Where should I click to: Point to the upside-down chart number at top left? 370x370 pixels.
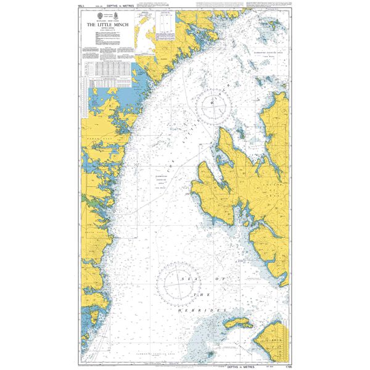[84, 7]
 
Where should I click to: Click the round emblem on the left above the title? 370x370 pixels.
[96, 14]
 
